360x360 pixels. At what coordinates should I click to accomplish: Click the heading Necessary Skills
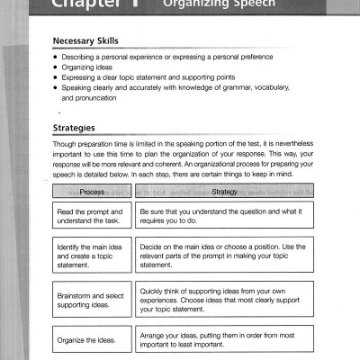(91, 41)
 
